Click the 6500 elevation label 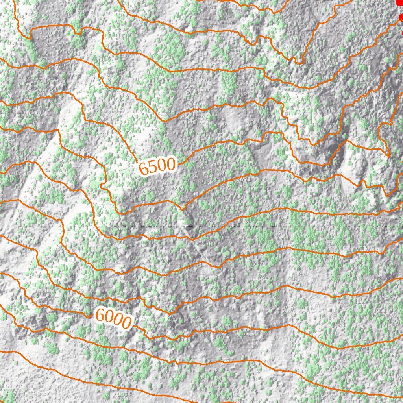(x=157, y=167)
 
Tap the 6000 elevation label (x=113, y=318)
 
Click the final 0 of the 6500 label (x=170, y=165)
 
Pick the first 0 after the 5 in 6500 (x=161, y=166)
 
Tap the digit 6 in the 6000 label (x=100, y=314)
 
